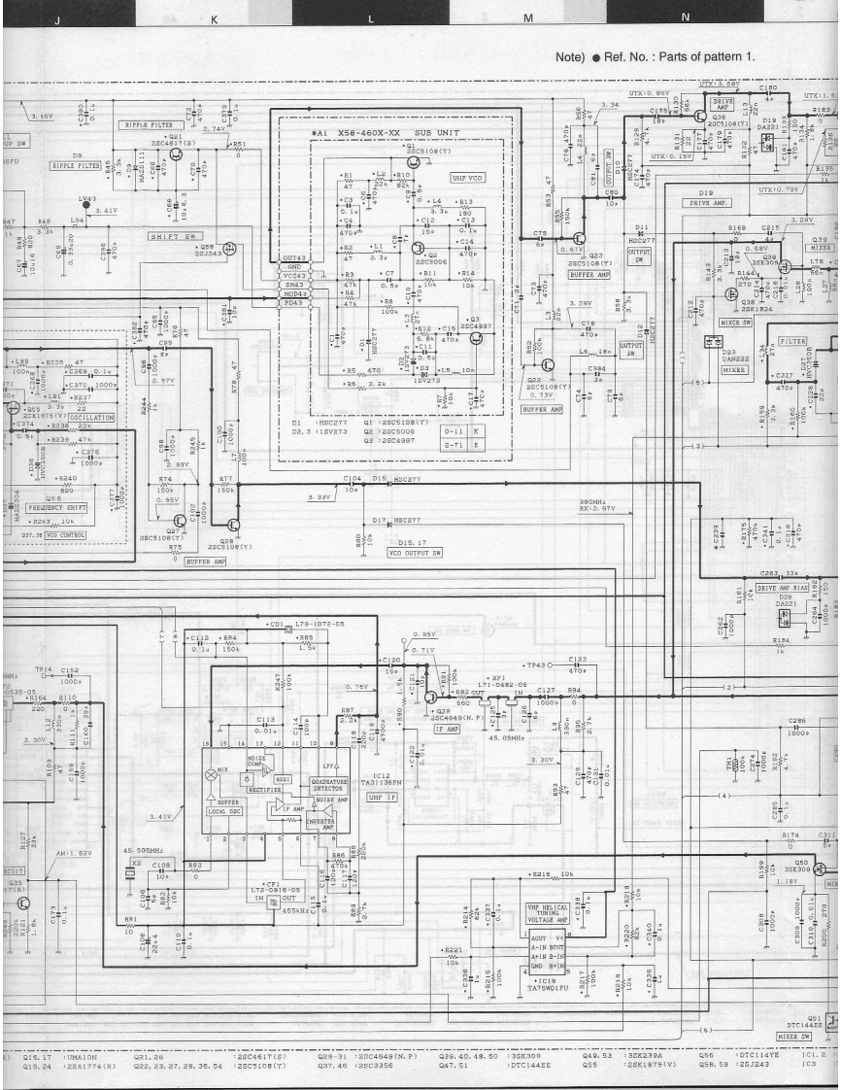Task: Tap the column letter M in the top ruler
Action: point(528,18)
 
